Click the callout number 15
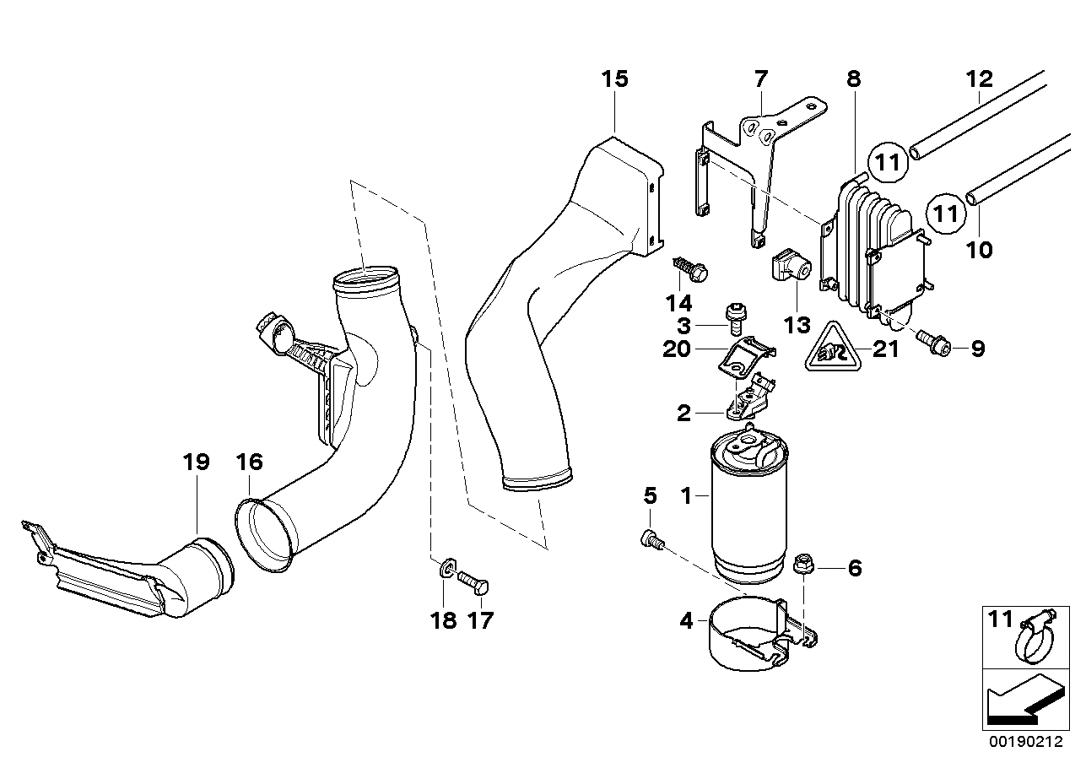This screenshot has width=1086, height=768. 614,79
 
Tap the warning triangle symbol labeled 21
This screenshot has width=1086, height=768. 833,346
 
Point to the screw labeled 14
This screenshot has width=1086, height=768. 689,270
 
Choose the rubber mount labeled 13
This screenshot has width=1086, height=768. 792,264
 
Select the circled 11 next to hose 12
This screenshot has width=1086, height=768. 887,162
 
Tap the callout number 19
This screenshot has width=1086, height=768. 197,462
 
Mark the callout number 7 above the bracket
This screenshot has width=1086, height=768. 760,79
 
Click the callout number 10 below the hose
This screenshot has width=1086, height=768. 980,250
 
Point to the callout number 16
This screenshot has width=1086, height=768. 250,462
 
